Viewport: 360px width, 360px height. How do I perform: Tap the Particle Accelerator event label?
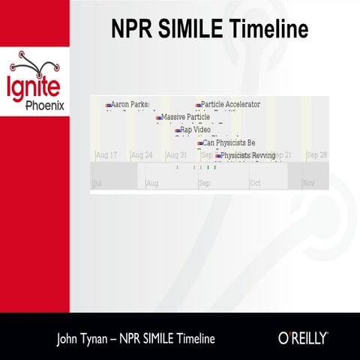[230, 105]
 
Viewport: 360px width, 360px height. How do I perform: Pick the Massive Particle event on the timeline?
[185, 118]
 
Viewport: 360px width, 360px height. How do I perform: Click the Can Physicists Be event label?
[229, 142]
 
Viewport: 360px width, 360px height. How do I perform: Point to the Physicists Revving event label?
[247, 155]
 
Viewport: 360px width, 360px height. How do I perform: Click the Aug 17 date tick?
[106, 155]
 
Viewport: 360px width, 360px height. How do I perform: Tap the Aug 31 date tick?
[176, 155]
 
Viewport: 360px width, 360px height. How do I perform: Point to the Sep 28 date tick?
[316, 155]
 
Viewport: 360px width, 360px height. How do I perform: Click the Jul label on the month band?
[97, 183]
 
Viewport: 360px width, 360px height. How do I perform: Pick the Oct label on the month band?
[255, 183]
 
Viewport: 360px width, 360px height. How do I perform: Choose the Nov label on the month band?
[308, 183]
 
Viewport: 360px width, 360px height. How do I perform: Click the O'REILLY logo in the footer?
[303, 338]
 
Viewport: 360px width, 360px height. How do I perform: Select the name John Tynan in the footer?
[84, 338]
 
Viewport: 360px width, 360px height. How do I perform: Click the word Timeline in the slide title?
[267, 29]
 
